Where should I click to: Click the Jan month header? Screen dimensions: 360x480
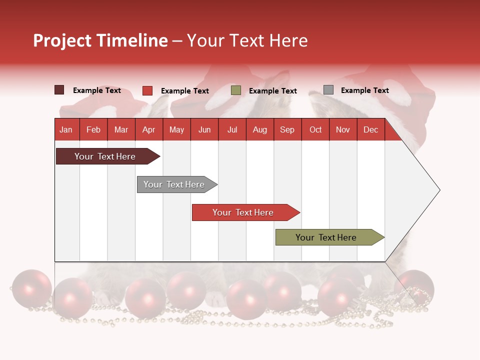pos(66,129)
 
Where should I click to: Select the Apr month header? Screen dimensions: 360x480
pos(149,129)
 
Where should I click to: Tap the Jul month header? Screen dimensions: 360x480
pos(232,129)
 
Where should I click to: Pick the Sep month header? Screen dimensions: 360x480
pos(287,129)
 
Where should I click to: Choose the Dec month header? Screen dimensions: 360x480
pos(370,129)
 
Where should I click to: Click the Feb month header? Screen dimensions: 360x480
pos(93,129)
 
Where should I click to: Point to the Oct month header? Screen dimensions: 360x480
pos(315,129)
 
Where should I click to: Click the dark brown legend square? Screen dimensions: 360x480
pos(59,90)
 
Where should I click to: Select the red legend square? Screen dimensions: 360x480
pos(147,90)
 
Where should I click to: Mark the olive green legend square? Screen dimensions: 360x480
pos(236,90)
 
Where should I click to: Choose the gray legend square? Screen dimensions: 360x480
pos(328,90)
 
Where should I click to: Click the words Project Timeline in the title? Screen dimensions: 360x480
pos(100,40)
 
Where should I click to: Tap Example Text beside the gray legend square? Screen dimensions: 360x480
pos(364,90)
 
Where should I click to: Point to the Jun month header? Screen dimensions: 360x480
pos(204,129)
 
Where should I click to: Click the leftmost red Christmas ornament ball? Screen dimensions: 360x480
pos(31,288)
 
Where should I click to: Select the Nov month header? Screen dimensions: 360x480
pos(343,129)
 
